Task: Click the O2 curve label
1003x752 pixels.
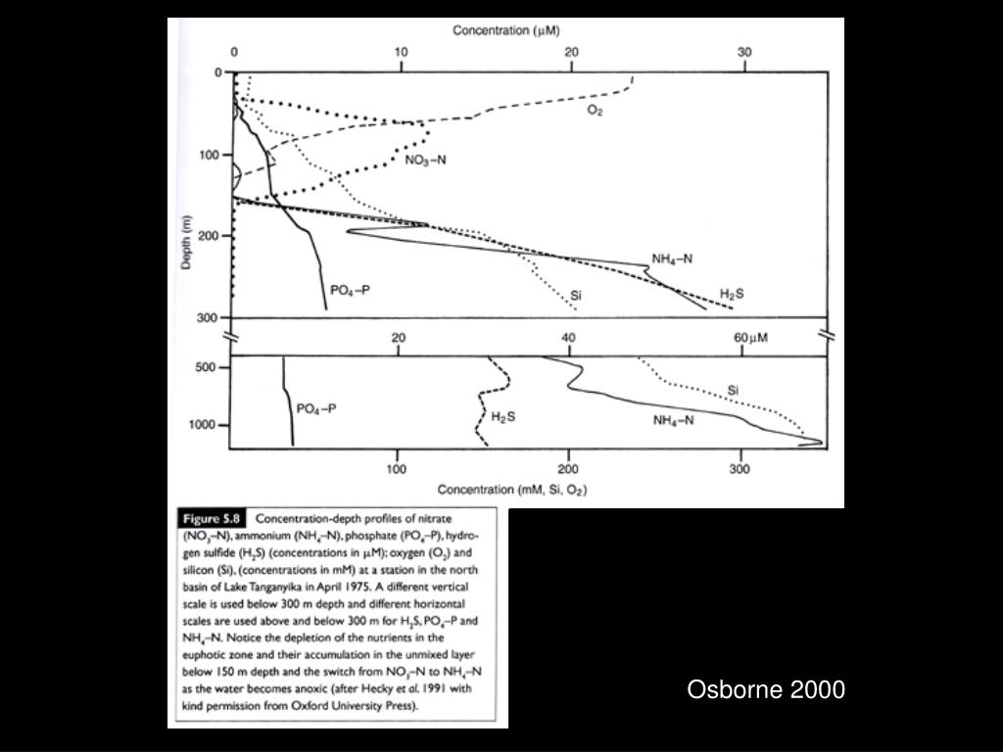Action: pos(595,111)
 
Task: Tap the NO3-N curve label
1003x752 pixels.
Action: pos(426,161)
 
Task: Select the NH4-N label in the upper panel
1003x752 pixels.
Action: pos(673,259)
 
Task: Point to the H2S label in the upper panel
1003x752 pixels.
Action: pos(733,293)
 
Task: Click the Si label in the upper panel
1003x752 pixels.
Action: pos(577,294)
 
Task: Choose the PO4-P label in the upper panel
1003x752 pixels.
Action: pos(351,290)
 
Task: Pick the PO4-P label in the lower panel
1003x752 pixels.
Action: pos(316,409)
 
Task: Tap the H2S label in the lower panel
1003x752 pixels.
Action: pos(503,418)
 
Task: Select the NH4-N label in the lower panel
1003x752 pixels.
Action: pos(674,420)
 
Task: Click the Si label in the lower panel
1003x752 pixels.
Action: pos(733,390)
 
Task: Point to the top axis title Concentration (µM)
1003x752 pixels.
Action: pos(506,31)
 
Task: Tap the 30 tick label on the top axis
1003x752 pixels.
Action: pos(742,52)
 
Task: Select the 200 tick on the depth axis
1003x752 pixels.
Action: pos(206,236)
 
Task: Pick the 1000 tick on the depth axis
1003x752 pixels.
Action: pos(203,425)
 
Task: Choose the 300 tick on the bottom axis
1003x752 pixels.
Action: pos(740,469)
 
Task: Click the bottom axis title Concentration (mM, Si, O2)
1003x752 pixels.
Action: pos(512,490)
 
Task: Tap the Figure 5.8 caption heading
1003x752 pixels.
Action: pos(211,519)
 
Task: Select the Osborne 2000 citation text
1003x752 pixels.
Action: pos(766,689)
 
